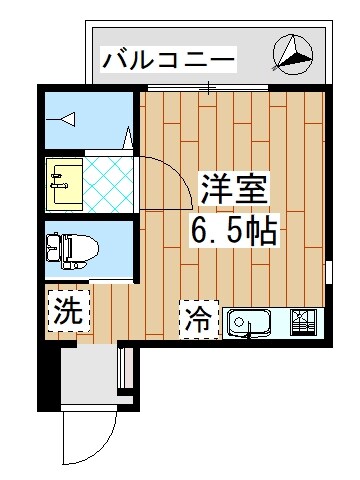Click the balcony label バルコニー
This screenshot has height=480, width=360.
point(169,61)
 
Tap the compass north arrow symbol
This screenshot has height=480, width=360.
point(293,54)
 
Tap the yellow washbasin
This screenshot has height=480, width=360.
point(62,181)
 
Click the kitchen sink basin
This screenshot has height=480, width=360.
point(251,322)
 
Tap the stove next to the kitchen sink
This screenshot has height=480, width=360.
point(304,321)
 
